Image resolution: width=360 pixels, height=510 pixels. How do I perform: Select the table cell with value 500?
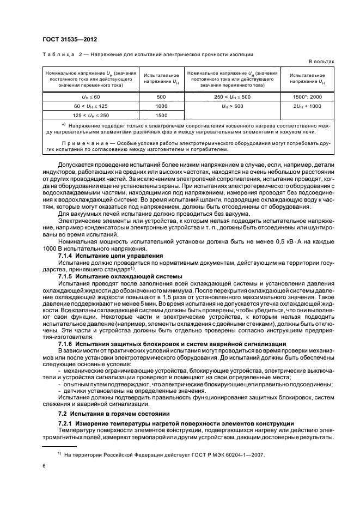pyautogui.click(x=161, y=96)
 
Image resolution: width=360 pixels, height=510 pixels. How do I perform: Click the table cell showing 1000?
pyautogui.click(x=161, y=106)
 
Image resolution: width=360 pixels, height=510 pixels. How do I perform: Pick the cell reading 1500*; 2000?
pyautogui.click(x=308, y=96)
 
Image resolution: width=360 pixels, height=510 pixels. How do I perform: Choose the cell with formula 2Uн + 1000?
pyautogui.click(x=308, y=106)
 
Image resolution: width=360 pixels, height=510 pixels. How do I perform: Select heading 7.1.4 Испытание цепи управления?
pyautogui.click(x=103, y=255)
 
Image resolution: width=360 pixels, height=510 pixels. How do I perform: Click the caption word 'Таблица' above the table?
pyautogui.click(x=57, y=54)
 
